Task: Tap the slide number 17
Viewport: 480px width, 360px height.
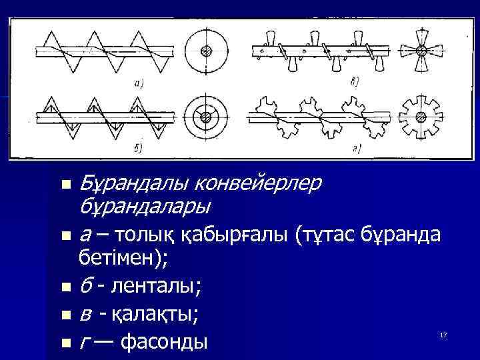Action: [x=443, y=333]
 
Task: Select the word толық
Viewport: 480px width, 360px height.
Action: [x=149, y=235]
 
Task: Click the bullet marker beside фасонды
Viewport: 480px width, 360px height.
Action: [x=65, y=343]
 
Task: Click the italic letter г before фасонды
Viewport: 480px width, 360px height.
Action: [x=83, y=342]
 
